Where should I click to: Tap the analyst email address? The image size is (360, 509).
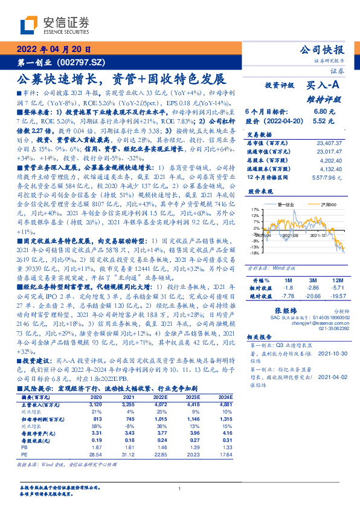coord(326,323)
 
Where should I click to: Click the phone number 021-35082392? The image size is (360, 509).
coord(332,329)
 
